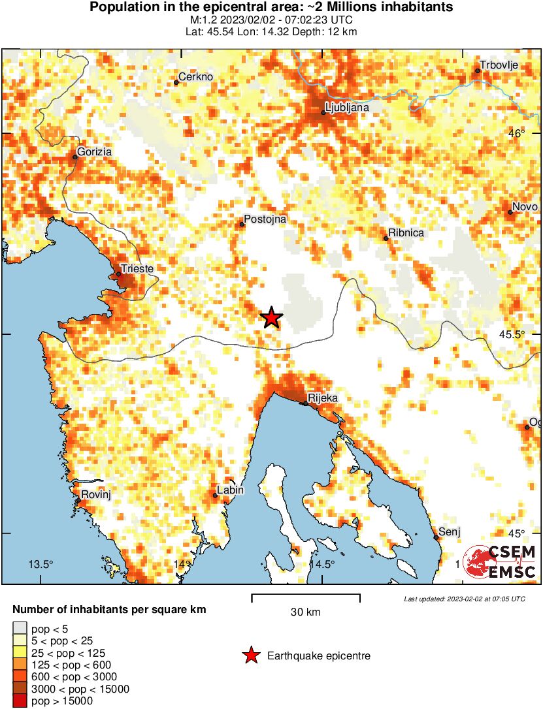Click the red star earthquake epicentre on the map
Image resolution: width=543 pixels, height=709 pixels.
click(x=272, y=318)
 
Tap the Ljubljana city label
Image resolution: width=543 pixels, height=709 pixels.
click(x=347, y=107)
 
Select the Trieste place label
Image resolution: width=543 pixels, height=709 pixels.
click(x=137, y=268)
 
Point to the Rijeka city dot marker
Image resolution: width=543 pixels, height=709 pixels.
click(x=305, y=403)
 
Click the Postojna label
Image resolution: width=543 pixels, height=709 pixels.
click(x=265, y=220)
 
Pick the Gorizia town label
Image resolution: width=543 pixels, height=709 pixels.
click(x=94, y=152)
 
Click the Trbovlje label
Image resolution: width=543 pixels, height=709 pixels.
click(x=499, y=65)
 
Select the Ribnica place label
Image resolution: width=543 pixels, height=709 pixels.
click(x=406, y=233)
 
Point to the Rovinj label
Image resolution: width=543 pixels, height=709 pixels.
click(x=96, y=496)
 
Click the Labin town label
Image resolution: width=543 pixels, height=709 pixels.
click(x=230, y=490)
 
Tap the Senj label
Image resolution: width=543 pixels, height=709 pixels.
click(x=450, y=531)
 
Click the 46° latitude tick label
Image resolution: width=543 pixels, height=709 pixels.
click(x=517, y=134)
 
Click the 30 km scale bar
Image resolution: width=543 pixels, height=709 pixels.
click(x=305, y=595)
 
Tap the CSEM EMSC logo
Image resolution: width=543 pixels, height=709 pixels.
click(x=500, y=562)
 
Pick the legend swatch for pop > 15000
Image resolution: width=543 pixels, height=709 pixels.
click(x=20, y=701)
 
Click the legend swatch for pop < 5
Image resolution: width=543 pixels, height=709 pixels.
click(x=20, y=629)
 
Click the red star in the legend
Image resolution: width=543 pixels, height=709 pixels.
click(x=251, y=655)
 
